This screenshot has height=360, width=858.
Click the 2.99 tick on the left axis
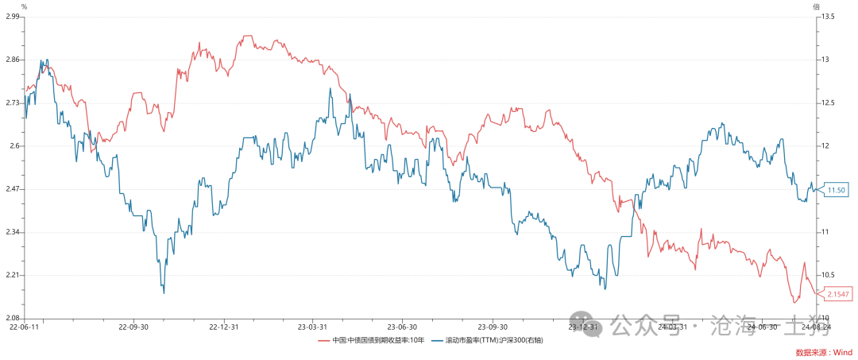point(13,17)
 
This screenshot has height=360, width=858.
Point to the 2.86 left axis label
point(13,60)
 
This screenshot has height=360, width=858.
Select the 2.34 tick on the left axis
point(13,232)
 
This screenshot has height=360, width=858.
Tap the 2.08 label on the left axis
point(13,318)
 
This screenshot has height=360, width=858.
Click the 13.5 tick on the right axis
point(828,17)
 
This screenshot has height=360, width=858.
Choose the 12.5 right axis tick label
point(828,103)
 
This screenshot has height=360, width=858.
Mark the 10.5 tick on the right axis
point(828,275)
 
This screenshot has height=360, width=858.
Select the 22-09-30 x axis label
point(133,327)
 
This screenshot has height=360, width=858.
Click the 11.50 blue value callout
point(837,190)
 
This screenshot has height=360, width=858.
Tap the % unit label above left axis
point(24,6)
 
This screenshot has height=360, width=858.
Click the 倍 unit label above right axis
point(816,6)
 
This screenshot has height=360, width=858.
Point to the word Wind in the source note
point(843,352)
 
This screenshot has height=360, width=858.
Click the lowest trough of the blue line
point(164,293)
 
